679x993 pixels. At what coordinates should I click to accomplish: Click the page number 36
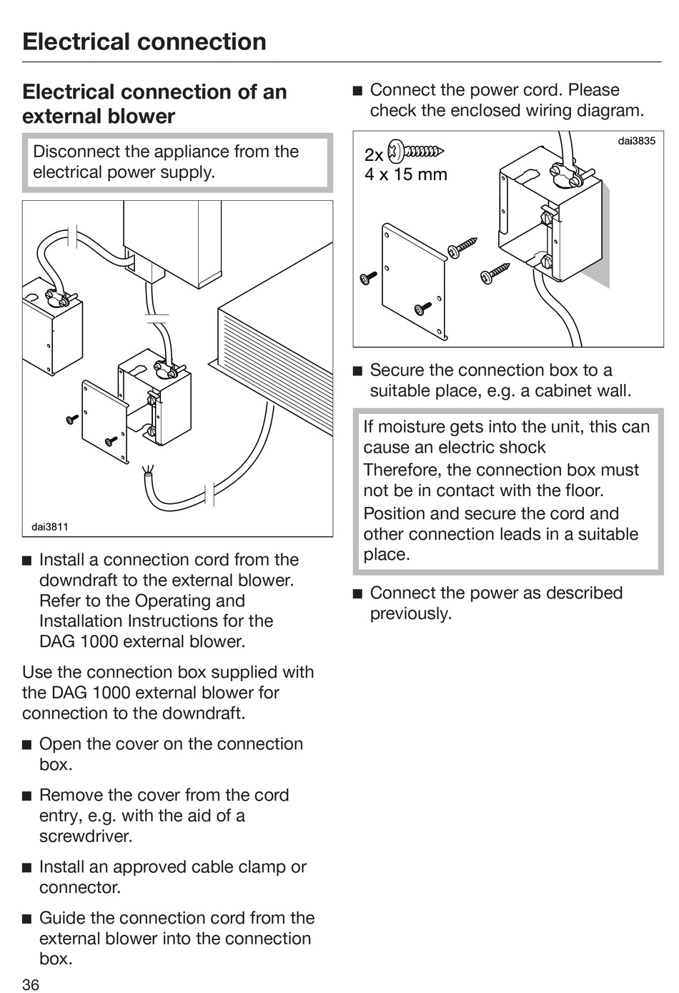pyautogui.click(x=31, y=984)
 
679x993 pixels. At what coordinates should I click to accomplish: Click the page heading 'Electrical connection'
pyautogui.click(x=144, y=41)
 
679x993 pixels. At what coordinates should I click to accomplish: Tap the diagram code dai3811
pyautogui.click(x=49, y=527)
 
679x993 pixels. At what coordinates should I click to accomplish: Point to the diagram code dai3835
pyautogui.click(x=636, y=141)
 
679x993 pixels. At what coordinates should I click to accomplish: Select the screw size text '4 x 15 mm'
pyautogui.click(x=406, y=174)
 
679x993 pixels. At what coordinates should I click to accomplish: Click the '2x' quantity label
pyautogui.click(x=374, y=155)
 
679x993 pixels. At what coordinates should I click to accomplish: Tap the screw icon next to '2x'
pyautogui.click(x=415, y=152)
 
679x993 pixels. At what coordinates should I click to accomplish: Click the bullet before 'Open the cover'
pyautogui.click(x=27, y=745)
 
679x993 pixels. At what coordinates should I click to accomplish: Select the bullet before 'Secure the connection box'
pyautogui.click(x=358, y=371)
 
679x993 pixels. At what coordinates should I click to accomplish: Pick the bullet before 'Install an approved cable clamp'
pyautogui.click(x=27, y=868)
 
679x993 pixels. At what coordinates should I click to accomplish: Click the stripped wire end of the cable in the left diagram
pyautogui.click(x=147, y=471)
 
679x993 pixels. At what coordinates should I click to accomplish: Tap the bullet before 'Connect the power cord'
pyautogui.click(x=358, y=91)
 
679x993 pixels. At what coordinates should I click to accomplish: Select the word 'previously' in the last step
pyautogui.click(x=409, y=613)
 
